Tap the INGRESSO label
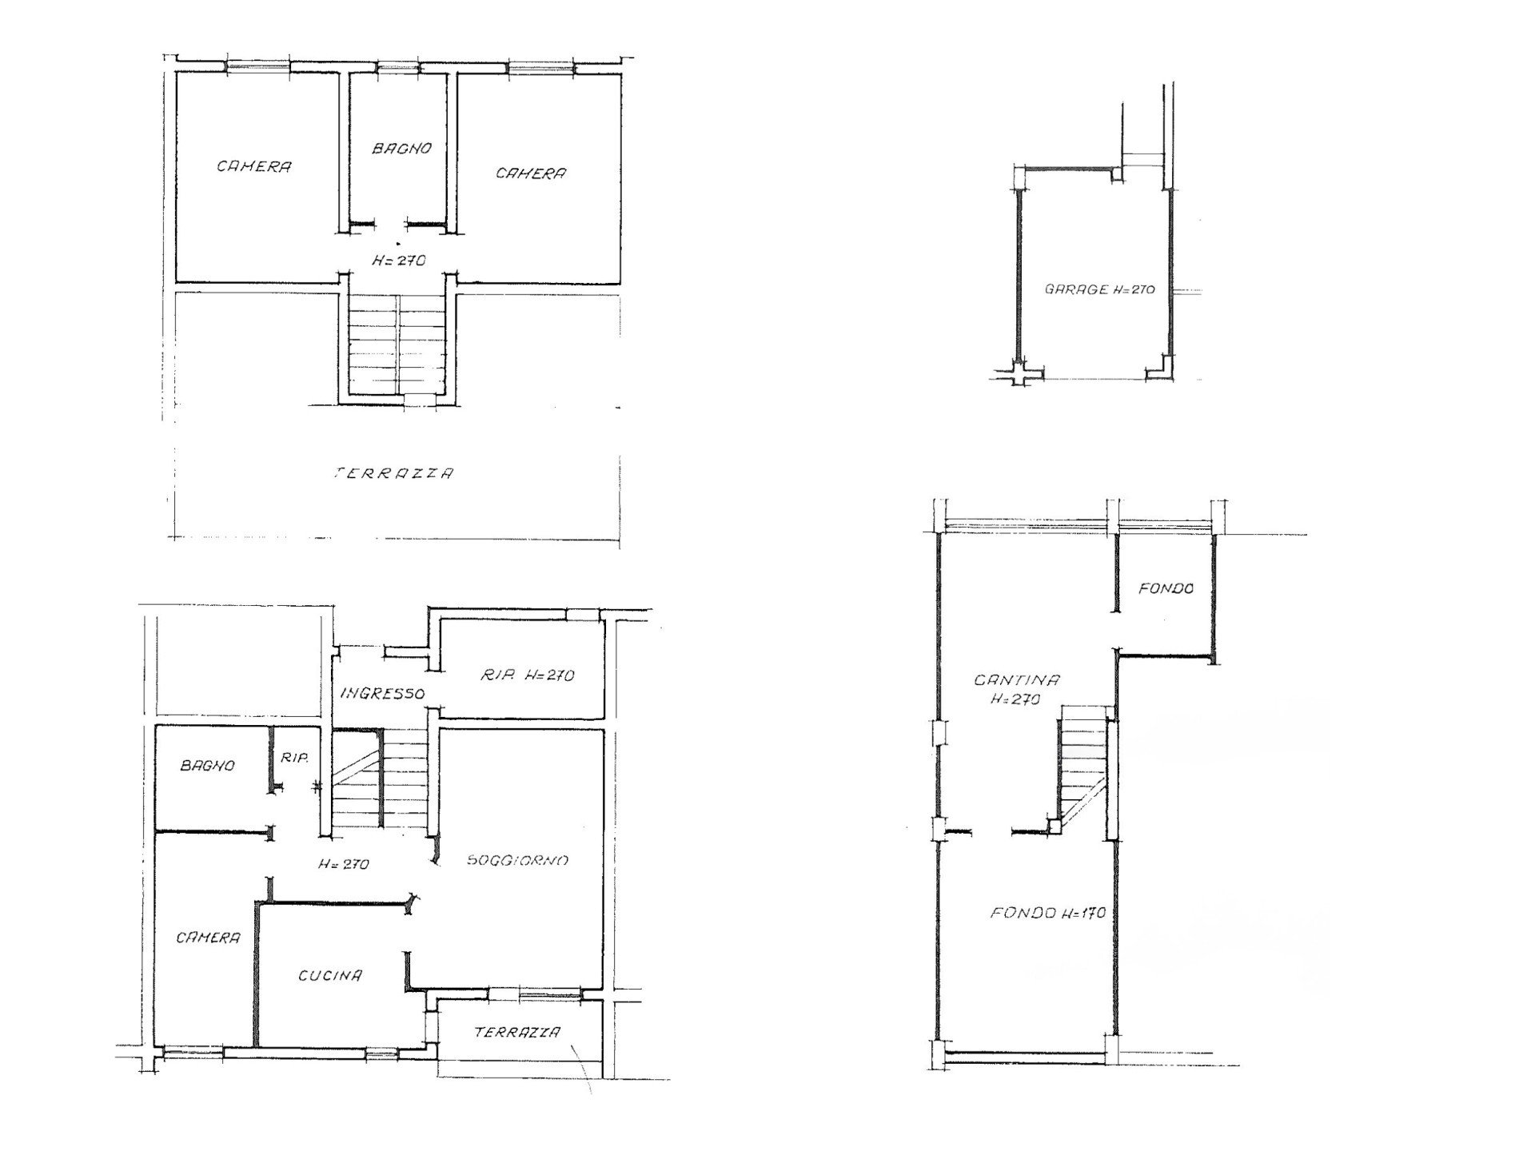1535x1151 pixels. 382,693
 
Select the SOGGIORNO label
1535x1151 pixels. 517,860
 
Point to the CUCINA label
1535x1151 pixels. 330,975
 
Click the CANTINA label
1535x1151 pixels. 1016,680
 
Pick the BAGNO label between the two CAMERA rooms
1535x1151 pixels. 402,148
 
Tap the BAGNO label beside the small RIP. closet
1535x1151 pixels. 208,765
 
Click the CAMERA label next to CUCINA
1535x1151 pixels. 208,938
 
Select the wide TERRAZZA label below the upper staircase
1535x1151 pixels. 393,473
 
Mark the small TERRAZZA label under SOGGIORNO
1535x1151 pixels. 517,1032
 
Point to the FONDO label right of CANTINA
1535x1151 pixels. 1166,588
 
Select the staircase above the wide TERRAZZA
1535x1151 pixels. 397,345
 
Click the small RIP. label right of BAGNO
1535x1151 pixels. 294,758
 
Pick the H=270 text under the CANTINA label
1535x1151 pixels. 1015,699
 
